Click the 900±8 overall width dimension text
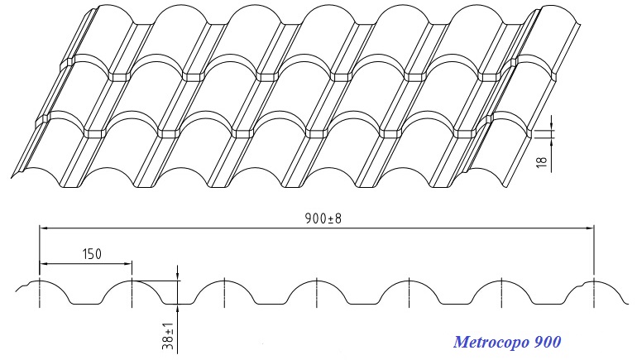tap(323, 218)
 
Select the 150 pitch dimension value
tap(92, 254)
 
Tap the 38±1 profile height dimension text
tap(168, 337)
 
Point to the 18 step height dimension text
tap(543, 161)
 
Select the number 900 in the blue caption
tap(548, 342)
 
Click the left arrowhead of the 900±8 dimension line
tap(44, 228)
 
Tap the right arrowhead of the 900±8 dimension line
tap(590, 228)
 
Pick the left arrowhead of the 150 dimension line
tap(44, 264)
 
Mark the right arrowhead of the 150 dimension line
tap(127, 264)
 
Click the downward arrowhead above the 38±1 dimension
tap(178, 276)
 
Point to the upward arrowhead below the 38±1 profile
tap(178, 309)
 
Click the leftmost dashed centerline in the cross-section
tap(40, 292)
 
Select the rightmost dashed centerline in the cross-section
tap(594, 292)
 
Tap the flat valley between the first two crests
tap(85, 304)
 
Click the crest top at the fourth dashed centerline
tap(317, 281)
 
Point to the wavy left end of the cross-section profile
tap(22, 287)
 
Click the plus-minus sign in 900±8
tap(329, 219)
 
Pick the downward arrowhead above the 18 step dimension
tap(552, 124)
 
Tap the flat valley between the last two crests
tap(548, 304)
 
